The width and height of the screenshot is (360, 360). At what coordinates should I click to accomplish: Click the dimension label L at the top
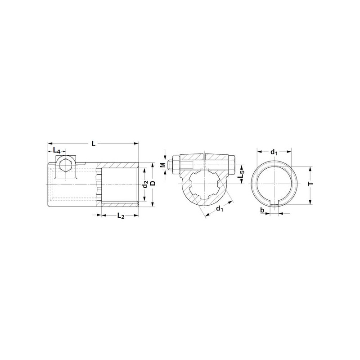[93, 144]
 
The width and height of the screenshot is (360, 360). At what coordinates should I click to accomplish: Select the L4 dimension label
[57, 151]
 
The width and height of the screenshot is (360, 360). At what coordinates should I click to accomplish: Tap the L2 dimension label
[121, 216]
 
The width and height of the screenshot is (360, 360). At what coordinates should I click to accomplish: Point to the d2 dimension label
[145, 184]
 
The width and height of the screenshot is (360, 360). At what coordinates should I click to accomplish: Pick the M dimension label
[162, 165]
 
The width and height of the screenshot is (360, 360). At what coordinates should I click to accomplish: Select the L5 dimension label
[240, 175]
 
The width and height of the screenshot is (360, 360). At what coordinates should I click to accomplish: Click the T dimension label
[310, 184]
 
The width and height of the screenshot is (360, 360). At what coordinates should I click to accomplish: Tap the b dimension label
[262, 210]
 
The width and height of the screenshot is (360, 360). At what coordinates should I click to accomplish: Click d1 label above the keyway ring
[274, 152]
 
